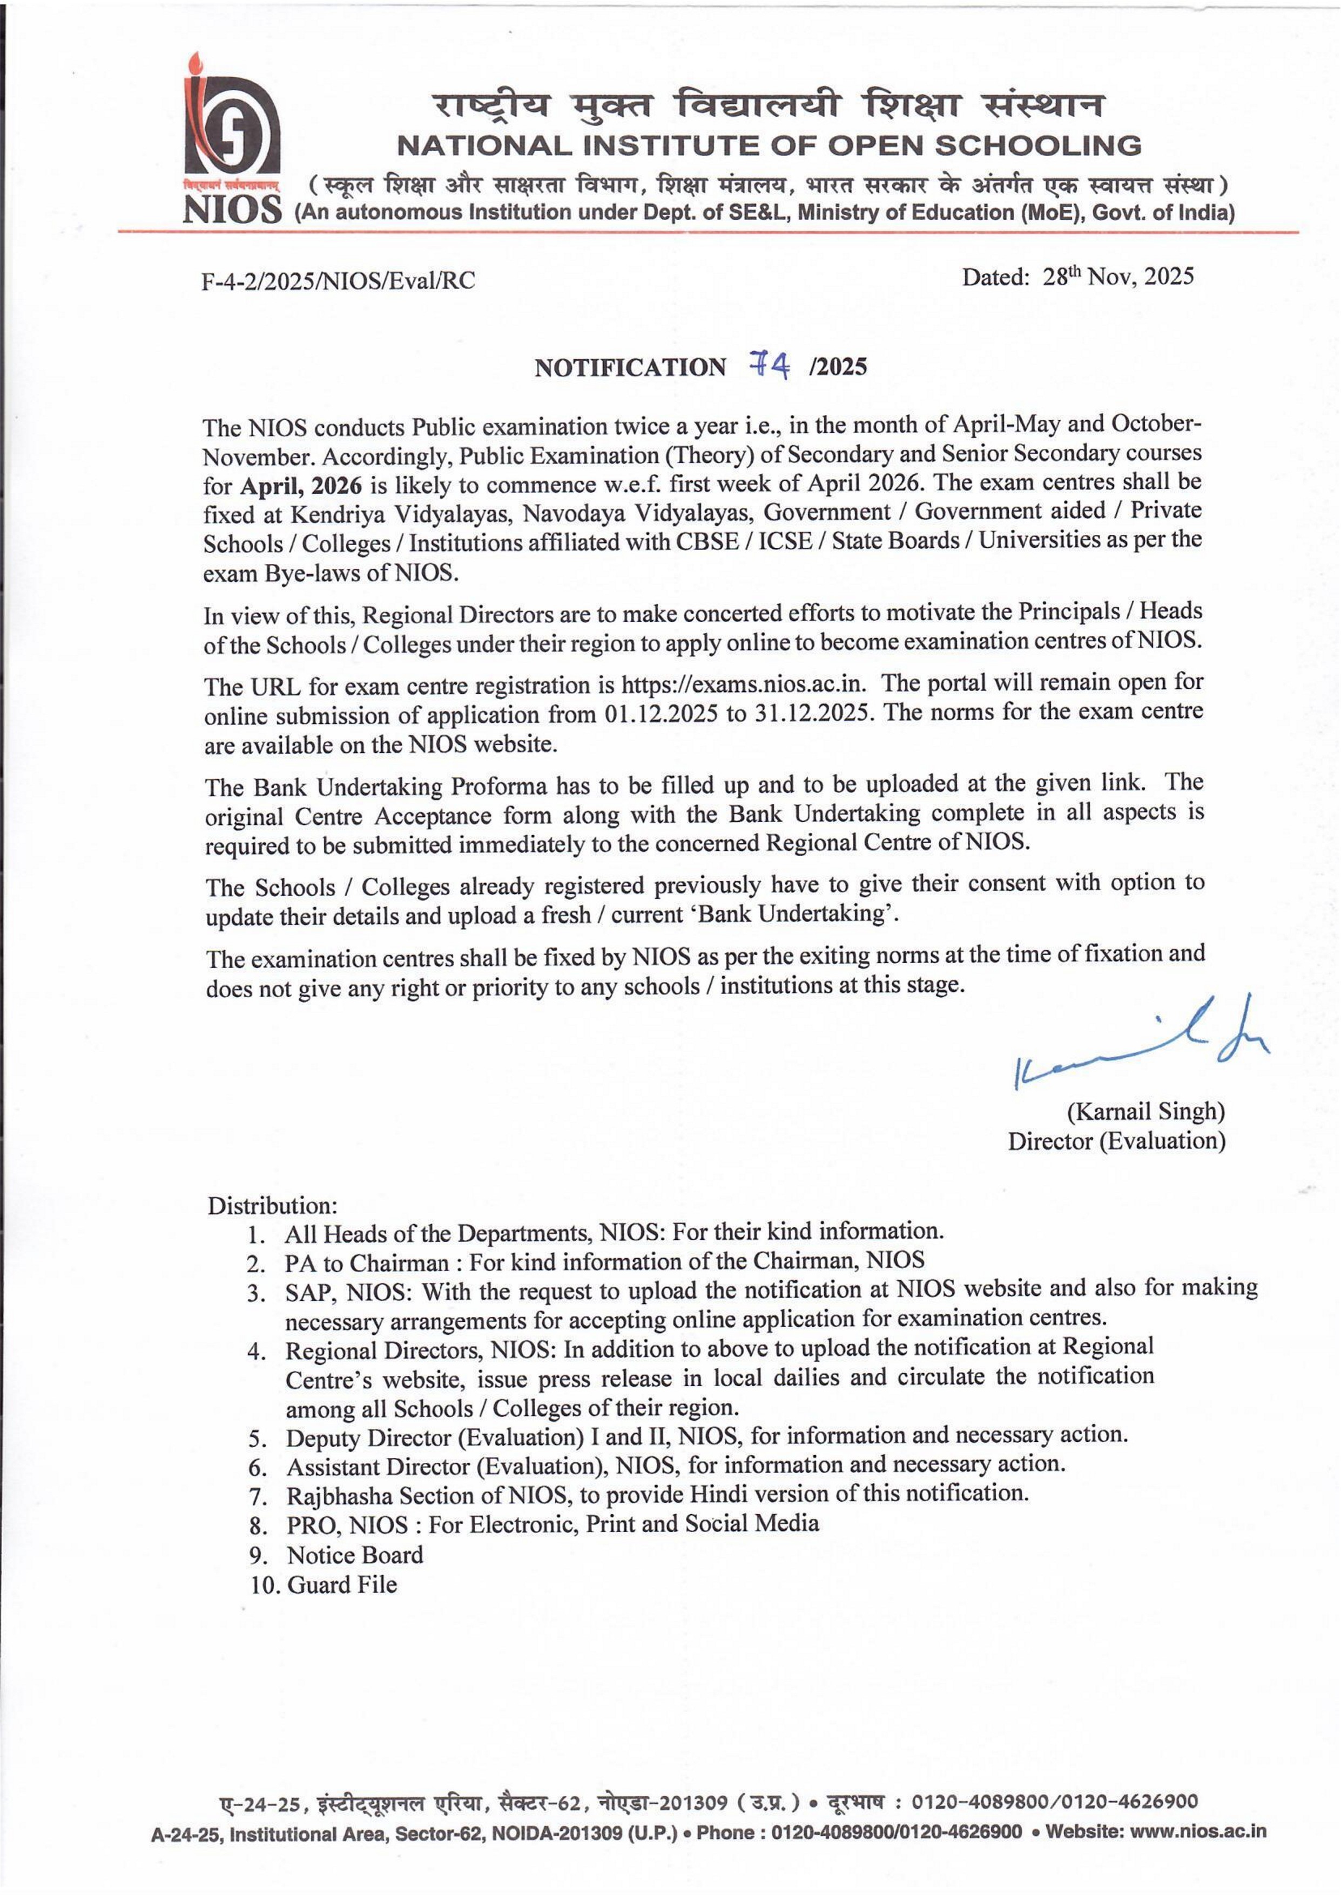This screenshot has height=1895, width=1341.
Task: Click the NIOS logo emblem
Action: [231, 132]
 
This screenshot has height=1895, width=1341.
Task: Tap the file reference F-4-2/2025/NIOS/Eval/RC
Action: [339, 281]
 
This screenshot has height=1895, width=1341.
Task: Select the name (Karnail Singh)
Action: [1145, 1111]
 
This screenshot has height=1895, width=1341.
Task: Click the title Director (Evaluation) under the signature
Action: [1116, 1140]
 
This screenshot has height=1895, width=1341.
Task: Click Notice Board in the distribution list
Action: [354, 1555]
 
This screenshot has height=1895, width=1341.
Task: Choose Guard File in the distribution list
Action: [342, 1584]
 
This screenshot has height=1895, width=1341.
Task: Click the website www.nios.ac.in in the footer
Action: [1197, 1831]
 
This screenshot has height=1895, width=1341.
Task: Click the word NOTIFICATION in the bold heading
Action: [630, 367]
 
